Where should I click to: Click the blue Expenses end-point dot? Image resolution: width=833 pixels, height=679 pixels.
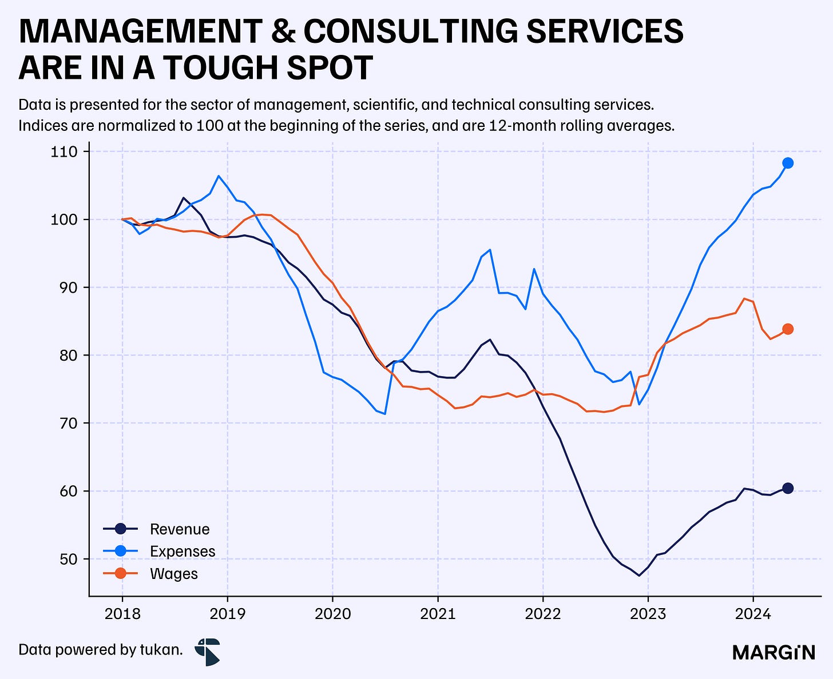click(x=788, y=163)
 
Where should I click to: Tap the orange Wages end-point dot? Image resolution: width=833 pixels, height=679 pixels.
click(x=788, y=329)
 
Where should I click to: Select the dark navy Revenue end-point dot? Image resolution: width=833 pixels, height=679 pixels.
click(x=788, y=488)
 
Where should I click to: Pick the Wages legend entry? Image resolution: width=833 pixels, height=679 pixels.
click(x=150, y=574)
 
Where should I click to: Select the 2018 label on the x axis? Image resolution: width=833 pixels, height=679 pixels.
click(x=122, y=614)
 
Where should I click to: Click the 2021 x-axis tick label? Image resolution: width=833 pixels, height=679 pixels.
click(x=438, y=614)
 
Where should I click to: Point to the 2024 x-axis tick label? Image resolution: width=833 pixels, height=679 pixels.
click(x=753, y=614)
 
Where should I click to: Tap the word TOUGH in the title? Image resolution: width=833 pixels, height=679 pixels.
click(x=221, y=68)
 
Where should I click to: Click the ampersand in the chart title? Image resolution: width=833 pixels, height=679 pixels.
click(x=283, y=31)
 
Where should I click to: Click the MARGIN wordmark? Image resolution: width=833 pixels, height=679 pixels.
click(x=773, y=653)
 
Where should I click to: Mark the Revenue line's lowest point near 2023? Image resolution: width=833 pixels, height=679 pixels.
click(x=639, y=576)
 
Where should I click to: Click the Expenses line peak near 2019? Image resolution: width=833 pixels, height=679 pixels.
click(x=219, y=176)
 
